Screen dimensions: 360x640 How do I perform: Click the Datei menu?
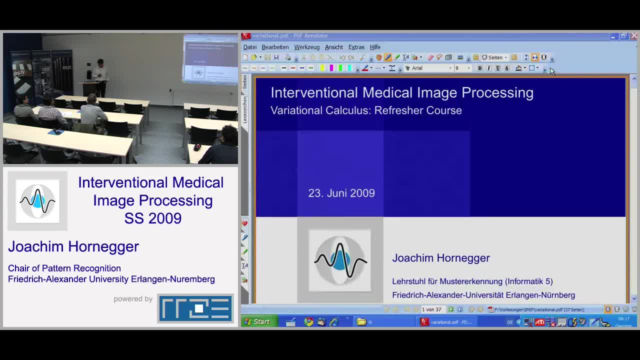pyautogui.click(x=249, y=47)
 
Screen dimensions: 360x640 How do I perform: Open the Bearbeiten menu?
pyautogui.click(x=275, y=47)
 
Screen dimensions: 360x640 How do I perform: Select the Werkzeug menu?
pyautogui.click(x=306, y=47)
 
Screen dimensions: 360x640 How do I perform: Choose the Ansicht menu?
pyautogui.click(x=333, y=47)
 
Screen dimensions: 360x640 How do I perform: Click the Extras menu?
pyautogui.click(x=356, y=47)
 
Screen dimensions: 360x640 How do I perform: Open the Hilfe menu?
pyautogui.click(x=375, y=47)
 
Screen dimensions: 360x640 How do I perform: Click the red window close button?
pyautogui.click(x=633, y=36)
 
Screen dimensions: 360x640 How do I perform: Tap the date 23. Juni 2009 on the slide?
pyautogui.click(x=341, y=193)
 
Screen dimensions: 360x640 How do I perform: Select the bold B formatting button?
pyautogui.click(x=479, y=68)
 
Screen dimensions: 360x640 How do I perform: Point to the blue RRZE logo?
pyautogui.click(x=195, y=308)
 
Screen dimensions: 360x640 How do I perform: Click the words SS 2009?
pyautogui.click(x=152, y=218)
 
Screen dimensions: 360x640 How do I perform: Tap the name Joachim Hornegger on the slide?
pyautogui.click(x=440, y=258)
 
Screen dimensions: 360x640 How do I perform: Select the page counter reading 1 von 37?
pyautogui.click(x=431, y=309)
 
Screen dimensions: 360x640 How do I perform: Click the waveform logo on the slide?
pyautogui.click(x=340, y=260)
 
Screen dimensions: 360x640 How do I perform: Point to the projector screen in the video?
pyautogui.click(x=210, y=59)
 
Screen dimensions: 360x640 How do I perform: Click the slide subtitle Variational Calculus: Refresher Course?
pyautogui.click(x=366, y=110)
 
